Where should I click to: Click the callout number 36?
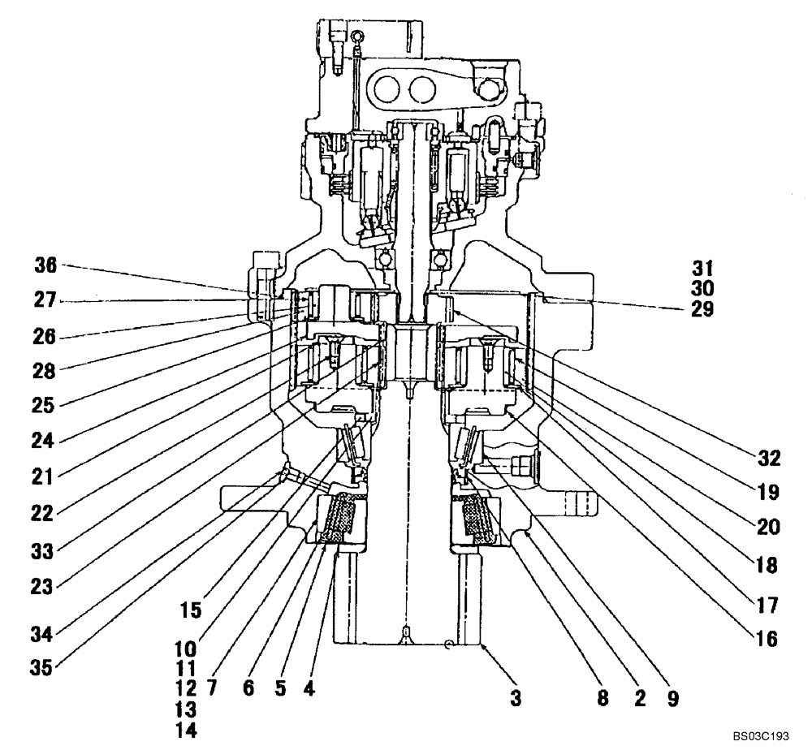pyautogui.click(x=45, y=265)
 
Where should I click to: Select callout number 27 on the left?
pyautogui.click(x=45, y=300)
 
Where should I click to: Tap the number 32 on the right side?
pyautogui.click(x=767, y=459)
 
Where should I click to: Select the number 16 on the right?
pyautogui.click(x=767, y=639)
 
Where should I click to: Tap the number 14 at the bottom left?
pyautogui.click(x=186, y=729)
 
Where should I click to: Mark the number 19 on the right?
pyautogui.click(x=767, y=492)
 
